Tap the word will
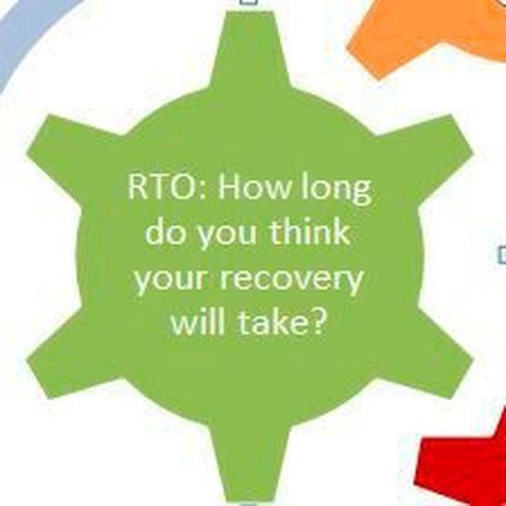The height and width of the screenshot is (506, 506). (194, 324)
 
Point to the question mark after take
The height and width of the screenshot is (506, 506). (323, 324)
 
